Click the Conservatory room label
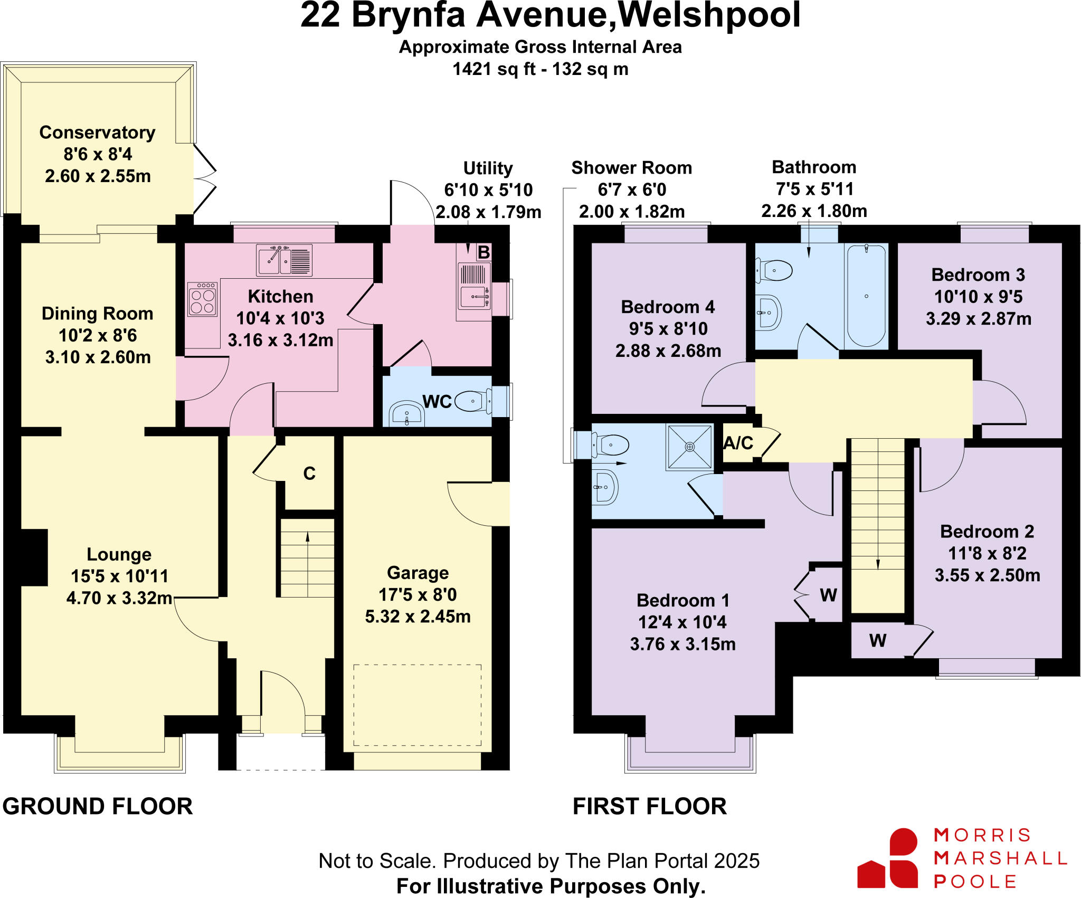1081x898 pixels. (x=97, y=133)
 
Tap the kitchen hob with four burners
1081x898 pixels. (x=202, y=300)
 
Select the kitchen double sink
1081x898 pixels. (x=284, y=260)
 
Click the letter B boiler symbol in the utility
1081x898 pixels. (x=483, y=252)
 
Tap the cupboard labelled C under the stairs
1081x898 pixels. (x=309, y=474)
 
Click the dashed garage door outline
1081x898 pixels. (x=417, y=705)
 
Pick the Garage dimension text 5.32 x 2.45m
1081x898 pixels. (x=418, y=617)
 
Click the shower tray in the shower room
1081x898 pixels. (x=689, y=447)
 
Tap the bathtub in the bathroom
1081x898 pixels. (x=866, y=296)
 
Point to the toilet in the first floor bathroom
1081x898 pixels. (x=775, y=271)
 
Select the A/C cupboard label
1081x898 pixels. (x=738, y=443)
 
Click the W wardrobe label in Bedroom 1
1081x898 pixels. (x=828, y=595)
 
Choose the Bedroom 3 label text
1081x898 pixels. (x=978, y=275)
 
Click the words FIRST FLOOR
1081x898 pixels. (x=650, y=807)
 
